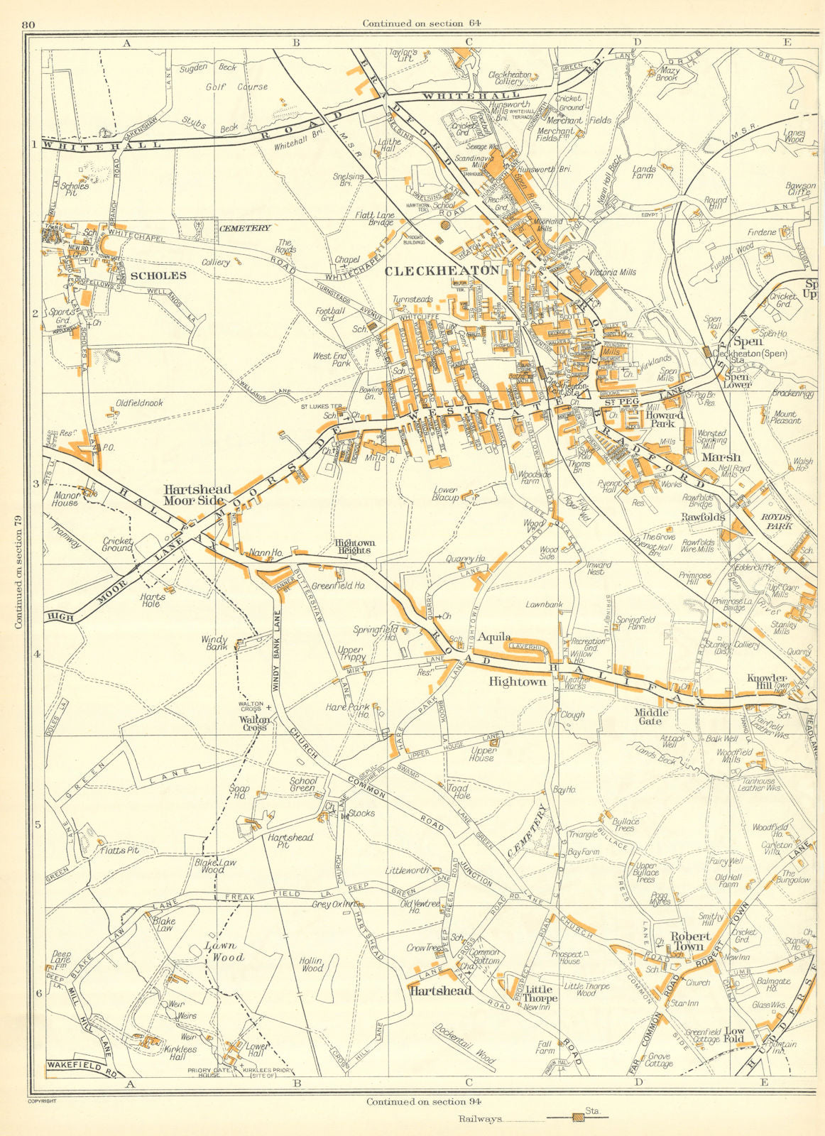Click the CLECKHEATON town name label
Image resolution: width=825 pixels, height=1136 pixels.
coord(442,271)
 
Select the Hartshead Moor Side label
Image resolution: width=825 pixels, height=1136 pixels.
coord(197,495)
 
